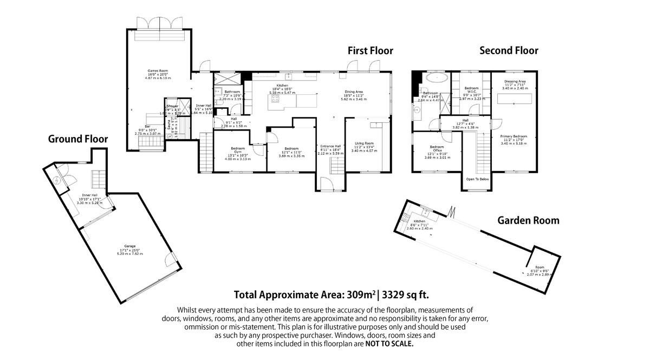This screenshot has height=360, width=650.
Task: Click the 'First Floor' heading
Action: coord(370,51)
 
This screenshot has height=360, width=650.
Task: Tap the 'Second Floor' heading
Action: coord(509,51)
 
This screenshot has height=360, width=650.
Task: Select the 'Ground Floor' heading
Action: coord(78,139)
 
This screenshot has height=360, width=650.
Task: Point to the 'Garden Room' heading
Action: coord(528,220)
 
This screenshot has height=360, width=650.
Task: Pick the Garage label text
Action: coord(129,250)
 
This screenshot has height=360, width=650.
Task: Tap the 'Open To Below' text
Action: coord(477,179)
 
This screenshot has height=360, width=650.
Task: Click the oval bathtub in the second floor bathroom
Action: coord(436,77)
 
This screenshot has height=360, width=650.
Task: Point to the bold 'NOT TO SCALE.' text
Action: coord(389,344)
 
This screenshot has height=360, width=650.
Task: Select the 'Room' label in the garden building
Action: coord(539,267)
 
